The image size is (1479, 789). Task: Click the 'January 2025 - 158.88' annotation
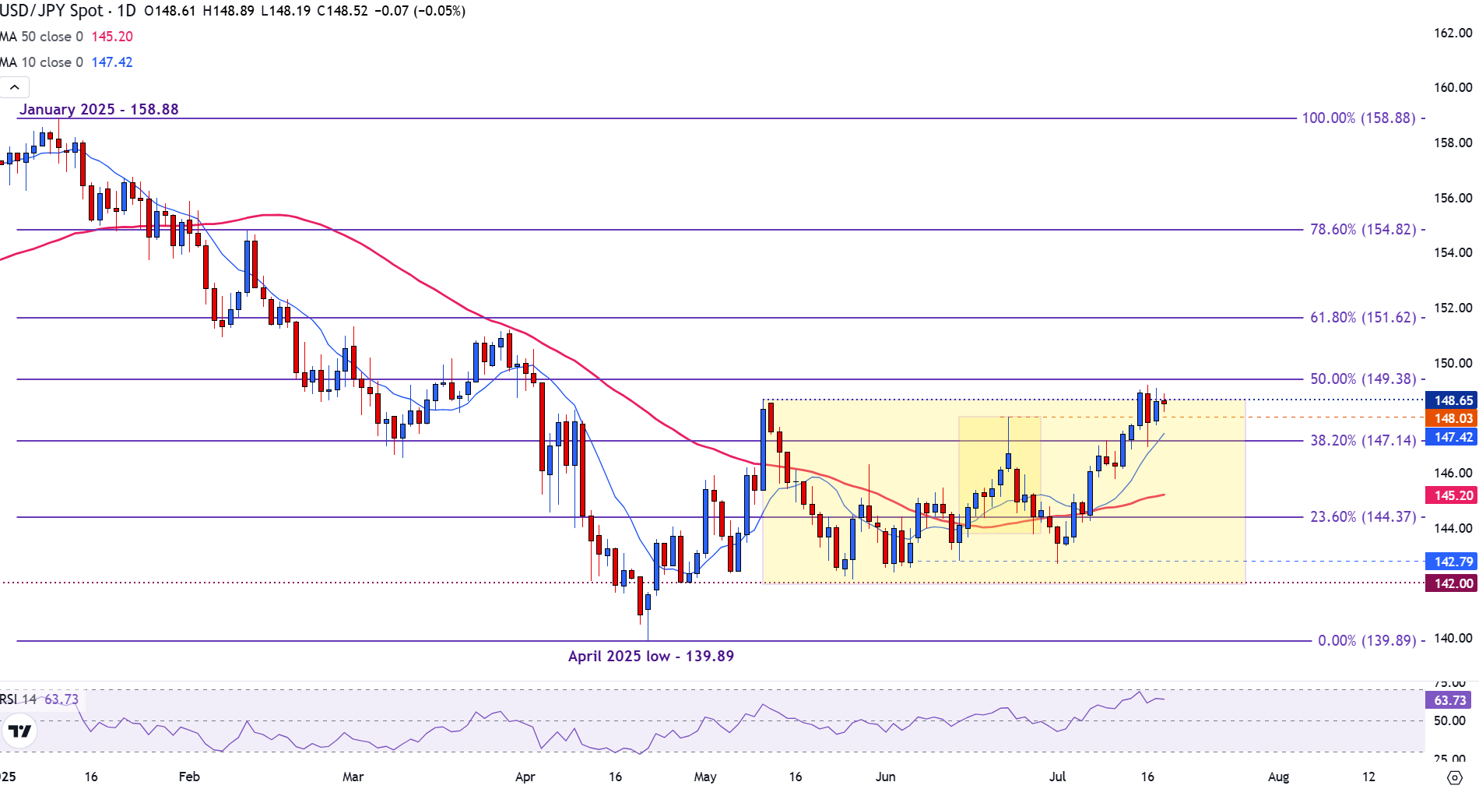[99, 110]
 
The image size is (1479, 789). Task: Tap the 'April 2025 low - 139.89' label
[651, 657]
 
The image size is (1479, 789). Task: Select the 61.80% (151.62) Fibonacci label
[1362, 318]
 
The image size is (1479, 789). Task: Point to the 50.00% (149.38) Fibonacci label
[1362, 379]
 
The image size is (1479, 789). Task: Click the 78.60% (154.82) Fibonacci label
[1362, 230]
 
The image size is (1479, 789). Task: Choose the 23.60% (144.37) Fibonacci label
[1362, 517]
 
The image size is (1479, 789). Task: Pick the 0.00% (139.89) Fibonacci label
[1366, 641]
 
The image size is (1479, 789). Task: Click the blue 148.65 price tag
[1453, 400]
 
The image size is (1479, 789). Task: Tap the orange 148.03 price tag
[1453, 419]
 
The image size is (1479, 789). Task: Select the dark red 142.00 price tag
[1453, 584]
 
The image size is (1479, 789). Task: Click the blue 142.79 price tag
[1453, 562]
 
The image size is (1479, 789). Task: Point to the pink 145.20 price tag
[1453, 495]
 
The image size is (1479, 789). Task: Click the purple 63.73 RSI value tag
[1449, 700]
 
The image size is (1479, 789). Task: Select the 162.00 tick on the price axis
[1453, 33]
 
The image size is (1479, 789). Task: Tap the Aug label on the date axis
[1278, 777]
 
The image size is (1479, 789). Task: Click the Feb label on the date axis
[189, 777]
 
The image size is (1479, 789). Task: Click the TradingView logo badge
[19, 731]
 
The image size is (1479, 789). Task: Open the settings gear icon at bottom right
[1454, 777]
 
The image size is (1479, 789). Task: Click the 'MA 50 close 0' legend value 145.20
[112, 37]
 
